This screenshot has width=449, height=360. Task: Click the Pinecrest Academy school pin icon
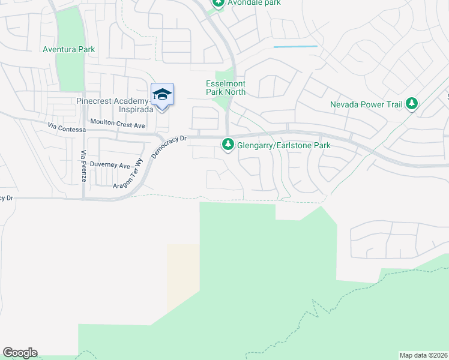pos(162,95)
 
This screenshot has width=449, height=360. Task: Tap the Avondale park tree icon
pos(218,4)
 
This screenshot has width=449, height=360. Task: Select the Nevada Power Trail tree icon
pos(411,104)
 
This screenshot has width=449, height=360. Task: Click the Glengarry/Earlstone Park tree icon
pos(228,145)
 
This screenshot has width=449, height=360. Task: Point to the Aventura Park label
pos(69,49)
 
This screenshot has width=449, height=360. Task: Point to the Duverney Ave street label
pos(110,166)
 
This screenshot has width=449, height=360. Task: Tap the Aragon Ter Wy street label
pos(130,175)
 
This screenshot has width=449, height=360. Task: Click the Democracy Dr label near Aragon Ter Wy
pos(170,146)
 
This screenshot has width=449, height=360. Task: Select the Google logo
pos(20,353)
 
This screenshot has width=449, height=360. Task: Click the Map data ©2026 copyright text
pos(423,355)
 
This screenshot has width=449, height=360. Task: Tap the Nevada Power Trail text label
pos(366,104)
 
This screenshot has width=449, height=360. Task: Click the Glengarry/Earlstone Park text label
pos(284,145)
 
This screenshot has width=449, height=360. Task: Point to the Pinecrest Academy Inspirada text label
pos(112,105)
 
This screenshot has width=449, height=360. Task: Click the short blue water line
pos(295,46)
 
